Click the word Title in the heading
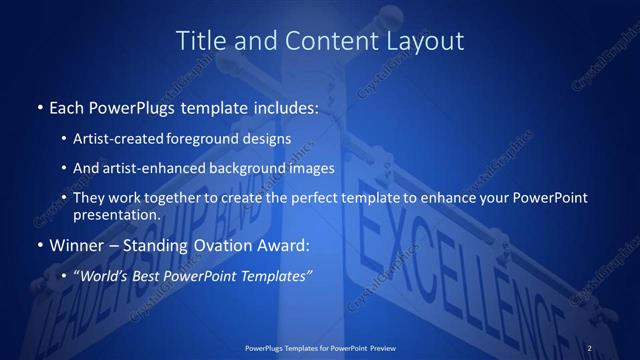coord(198,41)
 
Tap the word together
coord(178,198)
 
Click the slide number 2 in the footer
coord(590,347)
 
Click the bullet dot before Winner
coord(39,246)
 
